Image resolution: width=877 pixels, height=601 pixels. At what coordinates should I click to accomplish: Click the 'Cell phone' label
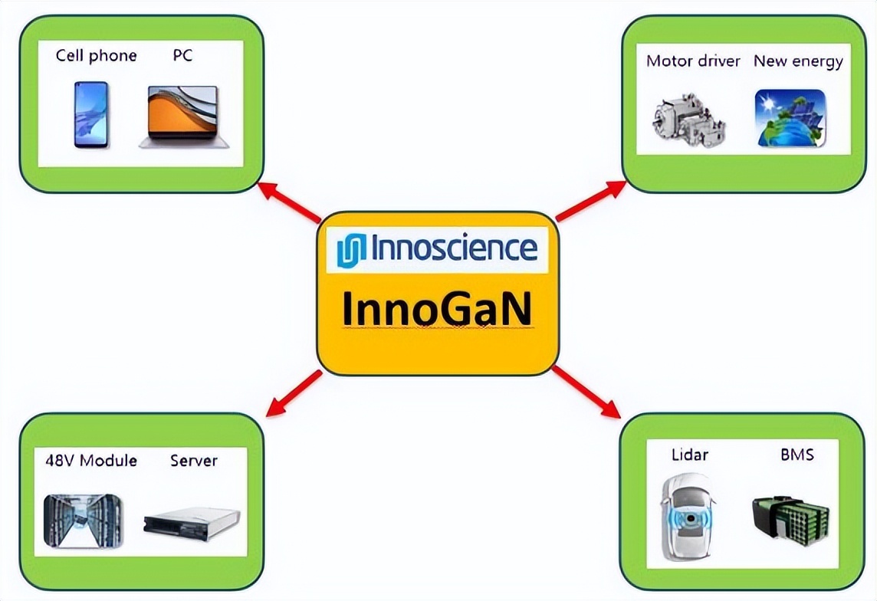coord(96,55)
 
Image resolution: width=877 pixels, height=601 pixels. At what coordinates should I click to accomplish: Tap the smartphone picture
coord(91,115)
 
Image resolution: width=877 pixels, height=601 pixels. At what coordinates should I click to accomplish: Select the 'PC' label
coord(183,54)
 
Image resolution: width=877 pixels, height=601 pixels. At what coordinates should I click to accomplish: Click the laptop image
coord(184,117)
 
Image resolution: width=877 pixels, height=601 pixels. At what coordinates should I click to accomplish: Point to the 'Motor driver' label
coord(693,61)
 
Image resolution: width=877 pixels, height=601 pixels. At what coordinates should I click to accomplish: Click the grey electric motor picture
coord(688,119)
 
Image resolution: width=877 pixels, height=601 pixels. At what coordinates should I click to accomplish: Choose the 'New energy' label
coord(798,61)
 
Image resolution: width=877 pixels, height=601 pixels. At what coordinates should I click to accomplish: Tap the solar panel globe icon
coord(790,118)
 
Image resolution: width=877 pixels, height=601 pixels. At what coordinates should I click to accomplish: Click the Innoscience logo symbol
coord(351,250)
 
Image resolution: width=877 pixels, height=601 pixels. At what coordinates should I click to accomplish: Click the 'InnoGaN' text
coord(436,308)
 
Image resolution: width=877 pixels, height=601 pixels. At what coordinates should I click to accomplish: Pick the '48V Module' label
coord(91,460)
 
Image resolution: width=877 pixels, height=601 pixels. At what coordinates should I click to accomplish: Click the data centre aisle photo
coord(83,521)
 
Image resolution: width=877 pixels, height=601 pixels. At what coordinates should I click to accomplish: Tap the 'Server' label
coord(193,460)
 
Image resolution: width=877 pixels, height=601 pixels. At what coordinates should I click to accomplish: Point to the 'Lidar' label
coord(690,455)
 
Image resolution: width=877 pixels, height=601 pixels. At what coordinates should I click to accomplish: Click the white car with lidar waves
coord(688,517)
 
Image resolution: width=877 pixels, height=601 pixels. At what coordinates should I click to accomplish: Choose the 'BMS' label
coord(797,455)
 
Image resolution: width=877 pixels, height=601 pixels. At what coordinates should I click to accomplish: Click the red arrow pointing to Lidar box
coord(586,392)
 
